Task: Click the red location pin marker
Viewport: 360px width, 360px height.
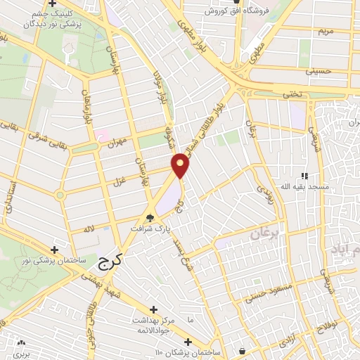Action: [x=181, y=165]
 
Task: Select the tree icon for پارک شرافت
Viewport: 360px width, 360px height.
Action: [x=150, y=217]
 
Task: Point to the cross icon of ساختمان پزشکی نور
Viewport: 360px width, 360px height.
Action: [x=54, y=249]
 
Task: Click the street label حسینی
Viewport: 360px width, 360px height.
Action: [x=317, y=72]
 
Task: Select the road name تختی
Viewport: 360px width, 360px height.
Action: [x=313, y=93]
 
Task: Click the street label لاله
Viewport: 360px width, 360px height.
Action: [x=89, y=229]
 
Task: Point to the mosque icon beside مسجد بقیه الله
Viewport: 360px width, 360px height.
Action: [x=304, y=176]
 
